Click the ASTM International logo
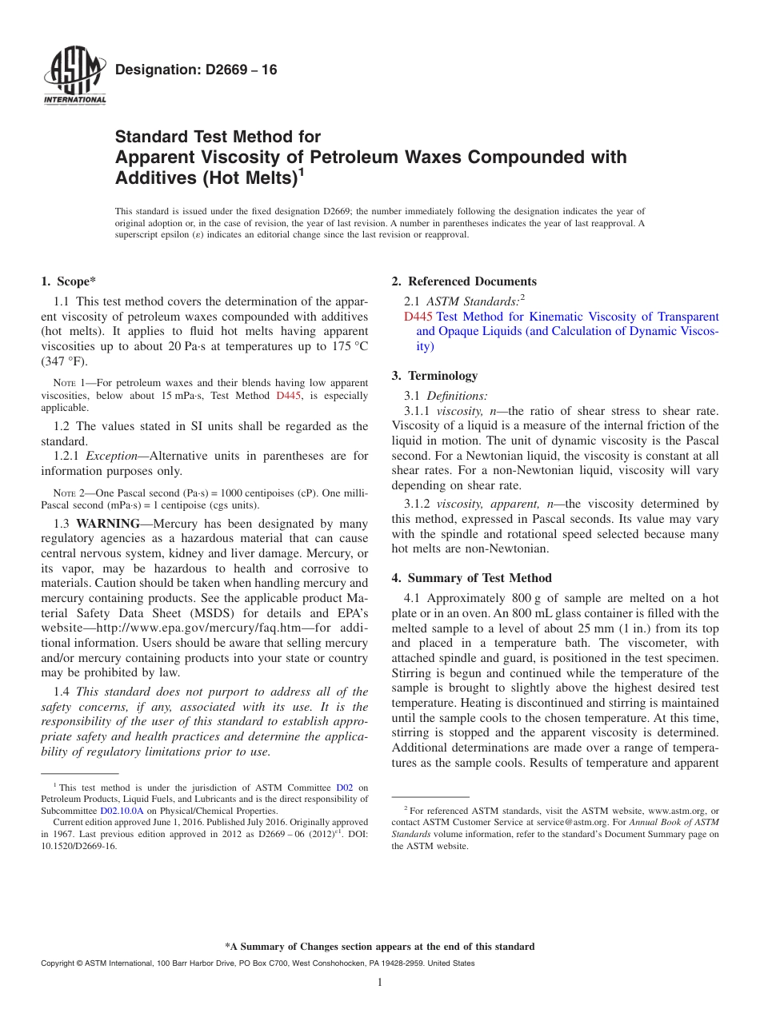74,76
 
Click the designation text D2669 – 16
196,70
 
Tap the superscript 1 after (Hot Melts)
301,171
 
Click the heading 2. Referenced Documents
464,281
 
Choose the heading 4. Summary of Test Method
471,578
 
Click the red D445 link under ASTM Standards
418,317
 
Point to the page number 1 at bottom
380,983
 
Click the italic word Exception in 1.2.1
111,457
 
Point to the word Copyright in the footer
59,963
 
